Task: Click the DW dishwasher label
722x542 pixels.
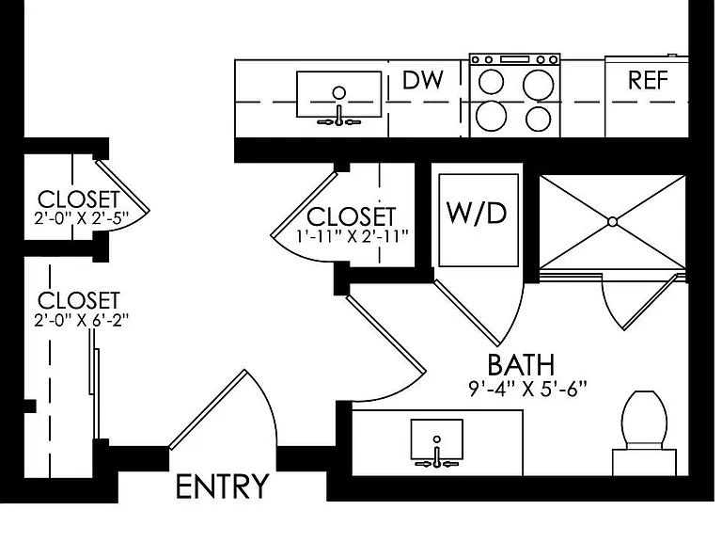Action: click(423, 80)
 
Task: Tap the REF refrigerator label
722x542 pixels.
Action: click(648, 80)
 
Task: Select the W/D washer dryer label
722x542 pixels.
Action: click(477, 213)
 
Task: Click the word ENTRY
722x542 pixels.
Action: click(223, 486)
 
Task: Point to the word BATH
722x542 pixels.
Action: click(521, 364)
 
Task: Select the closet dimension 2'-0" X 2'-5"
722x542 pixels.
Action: click(81, 218)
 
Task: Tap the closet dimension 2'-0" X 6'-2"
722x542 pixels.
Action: click(81, 320)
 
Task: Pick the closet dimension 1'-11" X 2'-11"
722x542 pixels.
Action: click(353, 236)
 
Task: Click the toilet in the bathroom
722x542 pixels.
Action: click(644, 432)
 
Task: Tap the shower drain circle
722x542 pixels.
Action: click(612, 222)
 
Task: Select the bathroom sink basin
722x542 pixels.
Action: click(436, 439)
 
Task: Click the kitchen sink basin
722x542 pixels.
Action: click(338, 94)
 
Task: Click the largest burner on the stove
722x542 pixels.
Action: click(539, 85)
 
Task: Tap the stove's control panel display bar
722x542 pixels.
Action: click(515, 59)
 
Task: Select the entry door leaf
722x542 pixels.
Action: click(208, 409)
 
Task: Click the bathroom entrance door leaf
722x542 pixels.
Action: click(385, 334)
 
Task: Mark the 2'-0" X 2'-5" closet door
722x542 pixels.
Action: click(122, 185)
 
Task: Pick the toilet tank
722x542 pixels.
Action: click(644, 462)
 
